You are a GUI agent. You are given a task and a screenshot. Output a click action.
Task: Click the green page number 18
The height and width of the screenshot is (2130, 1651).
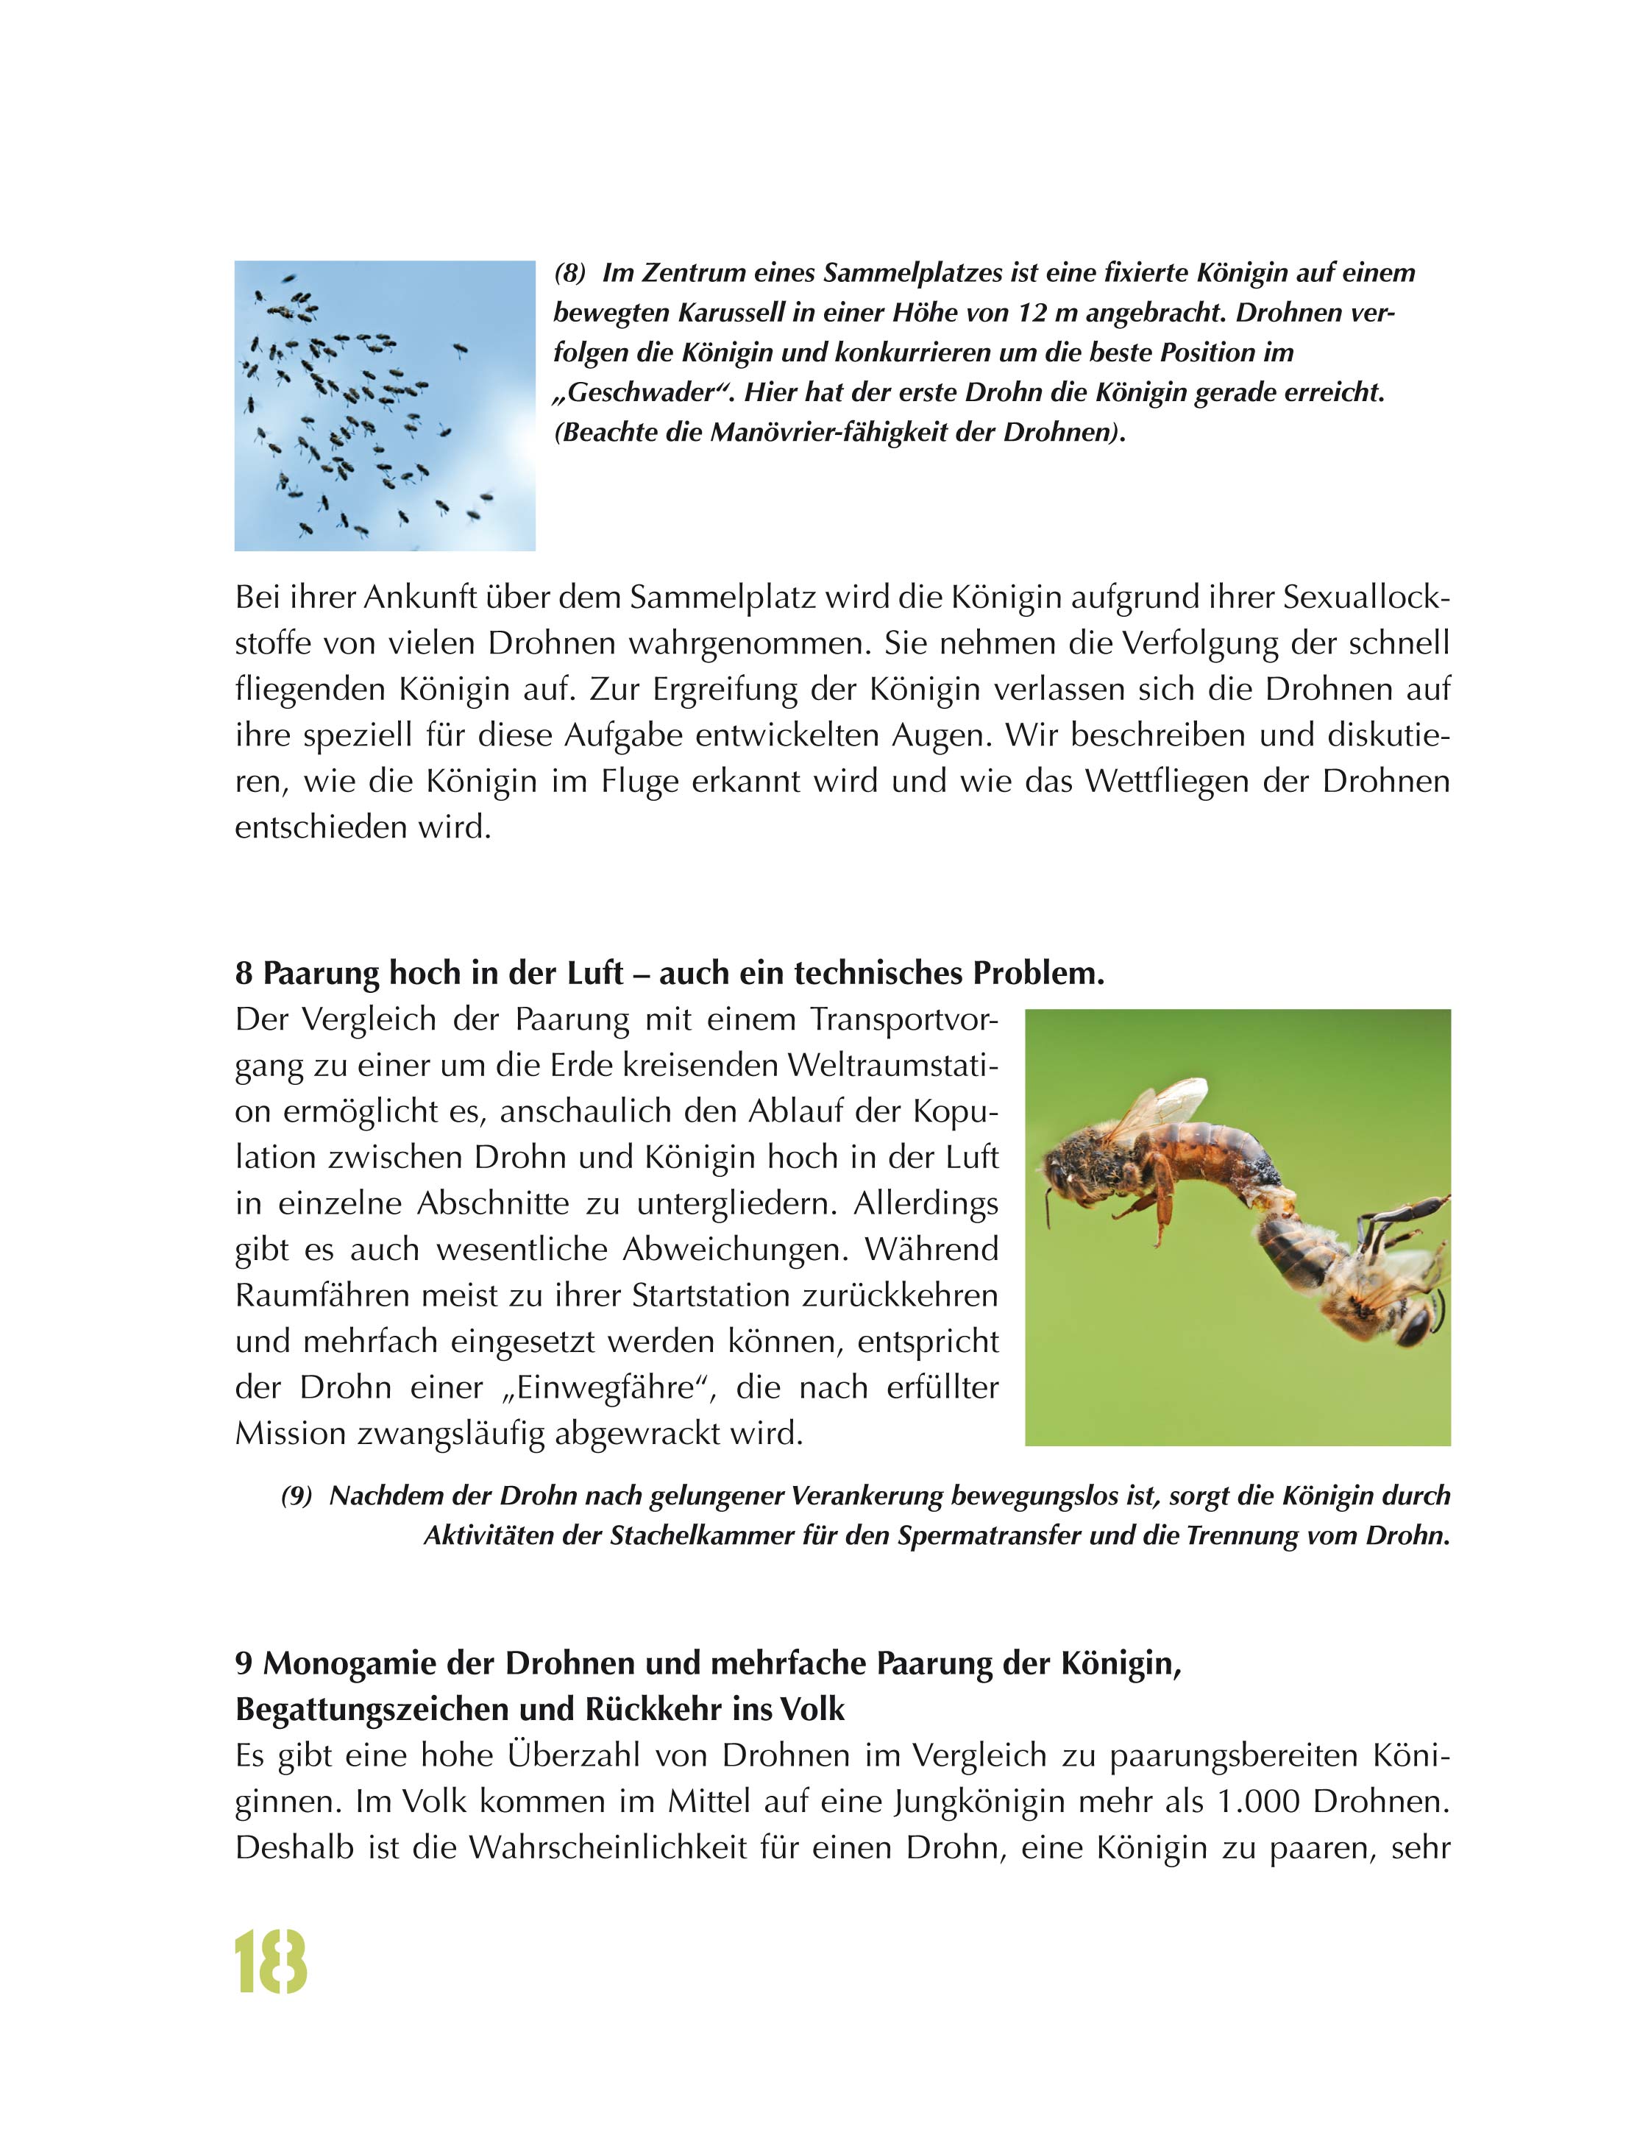click(x=271, y=1962)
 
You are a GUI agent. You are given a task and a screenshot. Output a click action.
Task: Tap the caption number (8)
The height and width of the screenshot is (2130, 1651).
click(x=569, y=273)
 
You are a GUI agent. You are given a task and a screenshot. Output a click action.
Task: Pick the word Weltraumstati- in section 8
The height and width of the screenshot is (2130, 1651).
click(x=892, y=1065)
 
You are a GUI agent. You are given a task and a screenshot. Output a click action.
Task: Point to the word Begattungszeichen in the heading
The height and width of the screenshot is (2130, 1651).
click(x=402, y=1710)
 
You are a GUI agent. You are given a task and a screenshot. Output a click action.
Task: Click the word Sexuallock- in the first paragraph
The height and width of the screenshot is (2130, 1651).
click(x=1366, y=597)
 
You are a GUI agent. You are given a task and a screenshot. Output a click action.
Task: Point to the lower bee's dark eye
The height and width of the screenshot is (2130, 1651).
click(x=1413, y=1321)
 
